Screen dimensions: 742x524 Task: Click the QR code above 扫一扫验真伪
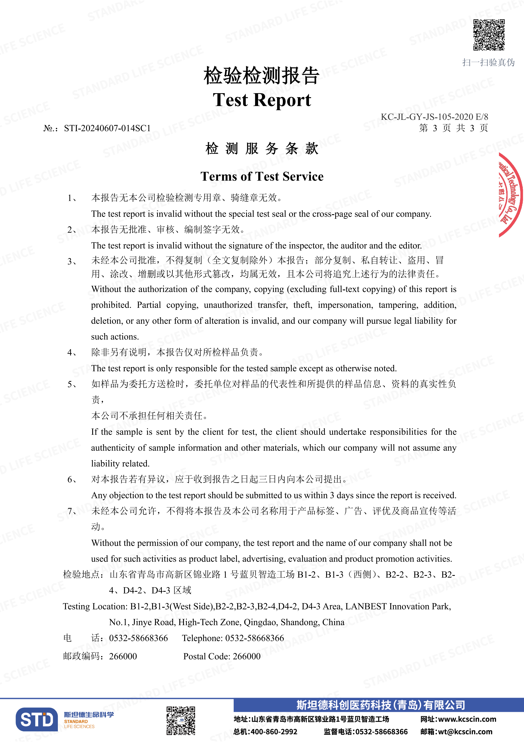click(489, 35)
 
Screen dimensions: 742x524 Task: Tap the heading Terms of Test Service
click(262, 176)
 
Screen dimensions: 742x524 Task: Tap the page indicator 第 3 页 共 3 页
click(453, 128)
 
